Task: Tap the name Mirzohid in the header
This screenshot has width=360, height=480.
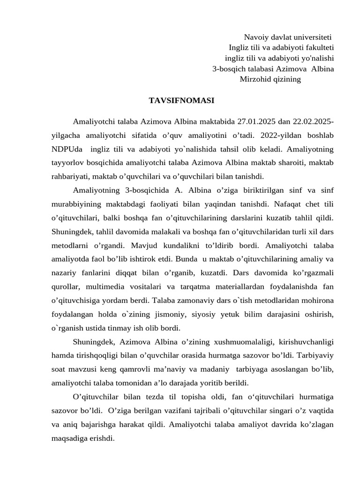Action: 255,79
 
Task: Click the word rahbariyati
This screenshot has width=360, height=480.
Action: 71,176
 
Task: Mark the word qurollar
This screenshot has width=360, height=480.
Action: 66,286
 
